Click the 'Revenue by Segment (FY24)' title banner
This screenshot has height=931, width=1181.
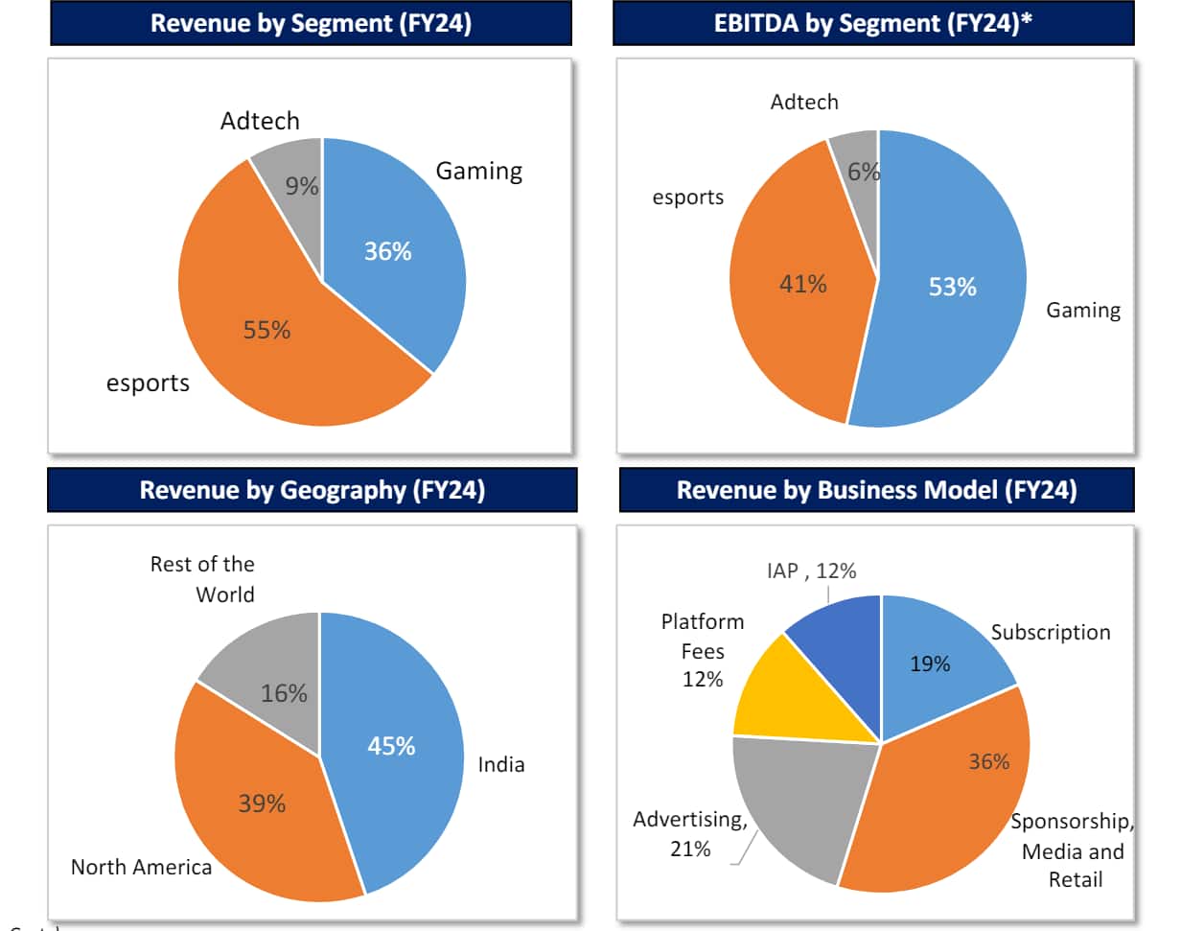click(311, 24)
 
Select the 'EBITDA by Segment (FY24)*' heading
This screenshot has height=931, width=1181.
click(873, 24)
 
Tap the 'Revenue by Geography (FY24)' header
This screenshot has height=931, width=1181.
click(312, 490)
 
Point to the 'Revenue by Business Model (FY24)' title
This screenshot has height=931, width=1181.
click(876, 490)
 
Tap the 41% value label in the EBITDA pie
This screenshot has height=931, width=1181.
click(802, 284)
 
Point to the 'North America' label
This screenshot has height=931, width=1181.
click(141, 868)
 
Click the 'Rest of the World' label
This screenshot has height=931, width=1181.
click(202, 579)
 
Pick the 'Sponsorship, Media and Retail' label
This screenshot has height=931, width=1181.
click(1073, 850)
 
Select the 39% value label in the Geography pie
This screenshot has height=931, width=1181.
click(262, 803)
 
